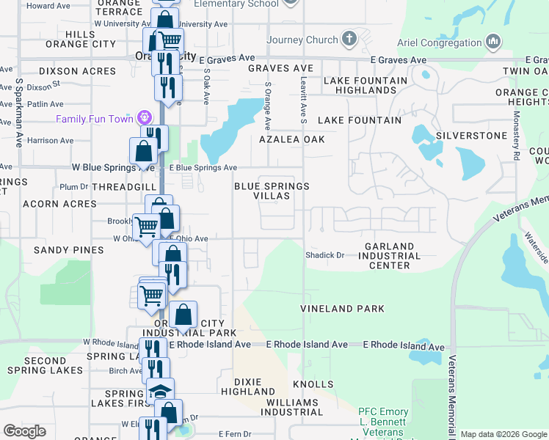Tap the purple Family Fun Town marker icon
[145, 117]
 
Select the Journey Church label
[302, 40]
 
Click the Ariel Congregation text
[439, 43]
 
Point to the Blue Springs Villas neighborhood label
[272, 191]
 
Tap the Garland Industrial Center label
[389, 256]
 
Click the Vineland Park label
[342, 309]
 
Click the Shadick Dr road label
[324, 255]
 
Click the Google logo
[24, 431]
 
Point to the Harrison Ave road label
[50, 140]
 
